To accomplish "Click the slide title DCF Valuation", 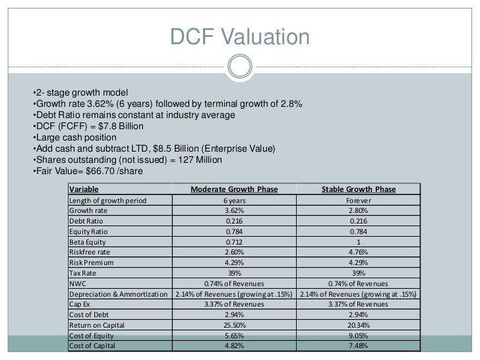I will (240, 37).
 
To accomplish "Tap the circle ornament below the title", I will (240, 66).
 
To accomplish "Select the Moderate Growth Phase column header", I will (234, 189).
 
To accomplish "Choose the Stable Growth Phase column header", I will (359, 189).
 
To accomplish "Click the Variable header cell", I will (83, 189).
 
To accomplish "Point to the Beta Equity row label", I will (90, 241).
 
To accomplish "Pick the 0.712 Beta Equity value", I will (234, 241).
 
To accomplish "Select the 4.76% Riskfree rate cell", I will (359, 252).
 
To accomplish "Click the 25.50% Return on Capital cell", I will (234, 325).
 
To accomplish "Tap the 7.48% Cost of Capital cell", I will (359, 345).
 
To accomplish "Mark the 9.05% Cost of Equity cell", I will (359, 336).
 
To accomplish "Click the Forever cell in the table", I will (359, 200).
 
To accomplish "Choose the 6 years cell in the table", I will (234, 200).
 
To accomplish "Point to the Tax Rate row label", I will (85, 273).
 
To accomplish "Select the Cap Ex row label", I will (82, 304).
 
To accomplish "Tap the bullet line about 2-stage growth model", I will (79, 92).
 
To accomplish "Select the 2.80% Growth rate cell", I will (359, 210).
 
